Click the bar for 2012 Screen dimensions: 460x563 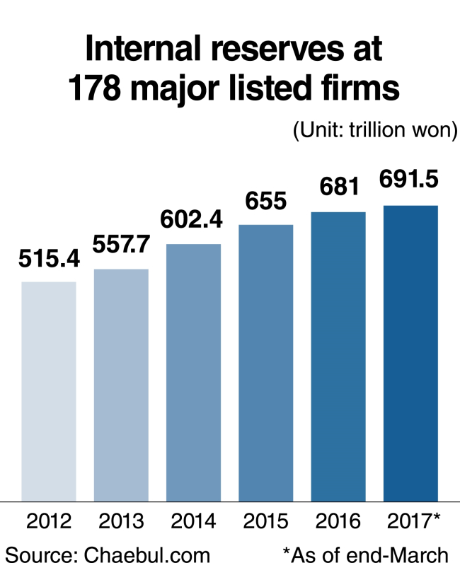point(49,391)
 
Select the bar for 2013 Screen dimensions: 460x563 point(121,385)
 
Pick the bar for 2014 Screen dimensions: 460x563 point(193,372)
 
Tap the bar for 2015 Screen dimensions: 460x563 point(266,363)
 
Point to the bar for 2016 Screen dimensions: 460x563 point(338,356)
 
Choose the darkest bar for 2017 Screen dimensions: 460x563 point(410,354)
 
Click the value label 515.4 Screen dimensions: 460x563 point(49,259)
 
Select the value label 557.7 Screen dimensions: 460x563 point(121,244)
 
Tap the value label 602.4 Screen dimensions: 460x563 point(191,219)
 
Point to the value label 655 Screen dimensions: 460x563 point(266,200)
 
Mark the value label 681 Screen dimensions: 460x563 point(339,187)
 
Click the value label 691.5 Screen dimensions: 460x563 point(409,179)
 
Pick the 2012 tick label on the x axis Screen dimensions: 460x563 point(49,521)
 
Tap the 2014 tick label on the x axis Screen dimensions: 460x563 point(193,521)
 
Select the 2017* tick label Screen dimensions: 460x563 point(413,521)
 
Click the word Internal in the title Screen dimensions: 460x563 point(143,49)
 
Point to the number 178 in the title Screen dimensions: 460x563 point(94,88)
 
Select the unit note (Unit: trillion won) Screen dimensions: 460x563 point(375,130)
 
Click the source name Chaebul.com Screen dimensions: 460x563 point(146,555)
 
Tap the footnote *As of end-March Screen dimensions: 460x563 point(365,555)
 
